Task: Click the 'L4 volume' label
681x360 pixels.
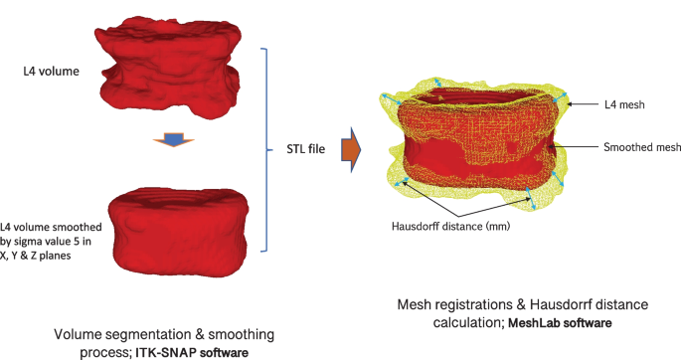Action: coord(51,72)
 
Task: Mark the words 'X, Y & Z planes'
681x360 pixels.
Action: coord(38,255)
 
